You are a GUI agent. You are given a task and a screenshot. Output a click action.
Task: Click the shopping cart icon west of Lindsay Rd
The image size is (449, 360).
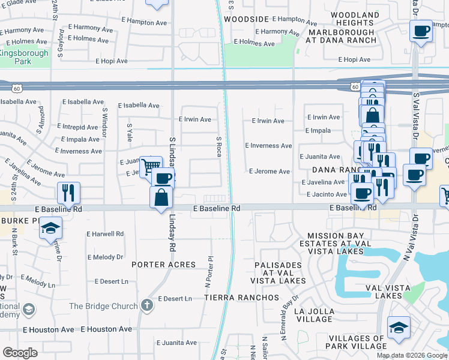click(150, 165)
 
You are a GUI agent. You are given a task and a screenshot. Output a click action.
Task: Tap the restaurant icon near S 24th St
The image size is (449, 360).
click(68, 193)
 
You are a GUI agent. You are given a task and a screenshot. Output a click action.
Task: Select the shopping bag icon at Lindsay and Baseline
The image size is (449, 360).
click(161, 197)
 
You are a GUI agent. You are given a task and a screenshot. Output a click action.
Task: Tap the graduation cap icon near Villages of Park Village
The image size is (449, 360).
click(399, 328)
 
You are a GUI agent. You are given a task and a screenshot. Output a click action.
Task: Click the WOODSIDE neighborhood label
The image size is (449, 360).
click(246, 19)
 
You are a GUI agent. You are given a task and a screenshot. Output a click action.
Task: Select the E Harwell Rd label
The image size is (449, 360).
click(105, 233)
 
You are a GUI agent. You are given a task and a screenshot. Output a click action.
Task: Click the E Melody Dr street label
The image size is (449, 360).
click(105, 257)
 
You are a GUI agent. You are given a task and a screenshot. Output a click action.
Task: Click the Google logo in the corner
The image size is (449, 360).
click(20, 353)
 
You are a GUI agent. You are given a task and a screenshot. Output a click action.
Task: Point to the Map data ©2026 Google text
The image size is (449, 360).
click(412, 355)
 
